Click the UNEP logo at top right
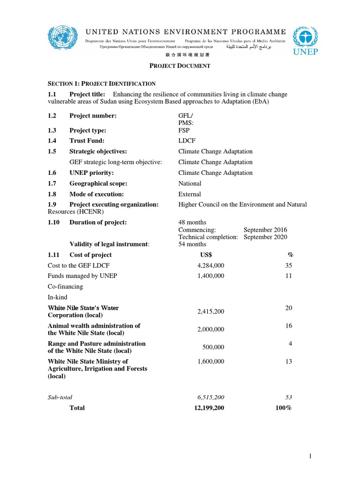point(305,41)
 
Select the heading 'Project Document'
point(180,66)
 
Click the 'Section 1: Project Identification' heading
point(102,83)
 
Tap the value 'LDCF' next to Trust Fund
point(187,141)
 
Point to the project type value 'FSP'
point(184,130)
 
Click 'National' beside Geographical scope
point(190,183)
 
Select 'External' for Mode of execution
point(189,194)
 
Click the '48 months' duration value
point(192,222)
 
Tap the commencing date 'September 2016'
point(265,230)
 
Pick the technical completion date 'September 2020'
point(265,237)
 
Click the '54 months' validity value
point(192,244)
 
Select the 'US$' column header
point(206,255)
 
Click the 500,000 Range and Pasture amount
point(213,347)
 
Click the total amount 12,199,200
point(209,408)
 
